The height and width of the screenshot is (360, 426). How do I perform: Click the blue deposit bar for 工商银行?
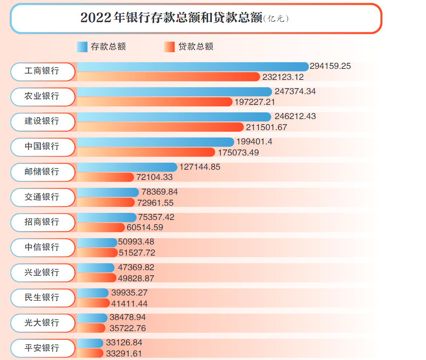coord(192,66)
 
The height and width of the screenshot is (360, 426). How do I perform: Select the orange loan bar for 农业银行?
coord(154,102)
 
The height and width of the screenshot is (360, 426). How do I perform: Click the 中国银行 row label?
coord(42,147)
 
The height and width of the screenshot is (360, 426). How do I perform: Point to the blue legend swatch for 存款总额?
coord(82,47)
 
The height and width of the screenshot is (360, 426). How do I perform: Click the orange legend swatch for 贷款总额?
coord(169,47)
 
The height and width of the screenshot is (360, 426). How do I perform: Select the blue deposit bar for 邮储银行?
coord(127,167)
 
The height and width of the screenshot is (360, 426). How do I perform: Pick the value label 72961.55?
coord(155,203)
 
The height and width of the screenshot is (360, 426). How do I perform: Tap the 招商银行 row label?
coord(42,222)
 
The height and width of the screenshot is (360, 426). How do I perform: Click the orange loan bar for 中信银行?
coord(97,252)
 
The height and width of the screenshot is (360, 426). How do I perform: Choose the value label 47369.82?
coord(136,268)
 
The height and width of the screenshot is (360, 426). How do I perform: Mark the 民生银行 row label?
coord(42,298)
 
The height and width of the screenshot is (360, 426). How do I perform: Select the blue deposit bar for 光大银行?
coord(92,318)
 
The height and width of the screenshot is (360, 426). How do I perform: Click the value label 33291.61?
coord(124,354)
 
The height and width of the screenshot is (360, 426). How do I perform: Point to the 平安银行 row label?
coord(42,348)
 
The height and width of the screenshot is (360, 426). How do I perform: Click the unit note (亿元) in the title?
coord(276,19)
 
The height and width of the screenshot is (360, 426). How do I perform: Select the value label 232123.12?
coord(283,77)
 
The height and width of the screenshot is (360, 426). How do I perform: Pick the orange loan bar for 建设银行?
coord(160,127)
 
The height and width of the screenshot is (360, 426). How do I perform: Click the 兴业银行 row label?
coord(42,273)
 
